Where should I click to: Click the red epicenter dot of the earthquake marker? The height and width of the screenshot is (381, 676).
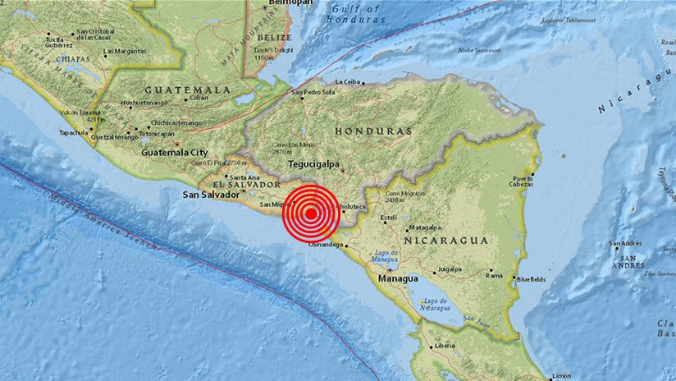[x=311, y=214]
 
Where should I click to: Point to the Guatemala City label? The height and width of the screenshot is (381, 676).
[x=176, y=153]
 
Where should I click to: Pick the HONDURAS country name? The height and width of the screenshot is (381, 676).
[x=374, y=131]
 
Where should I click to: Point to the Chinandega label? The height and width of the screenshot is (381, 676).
[x=325, y=245]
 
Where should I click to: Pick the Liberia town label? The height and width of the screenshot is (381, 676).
[x=445, y=346]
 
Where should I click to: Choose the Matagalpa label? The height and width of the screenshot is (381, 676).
[x=426, y=227]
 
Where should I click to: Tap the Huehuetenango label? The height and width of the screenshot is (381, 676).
[x=143, y=103]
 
